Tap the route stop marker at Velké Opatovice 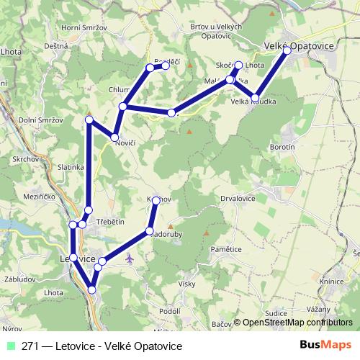point(287,50)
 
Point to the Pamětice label point(225,248)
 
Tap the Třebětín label point(111,222)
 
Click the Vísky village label point(189,283)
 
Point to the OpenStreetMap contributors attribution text point(297,323)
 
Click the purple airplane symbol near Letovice point(129,257)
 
